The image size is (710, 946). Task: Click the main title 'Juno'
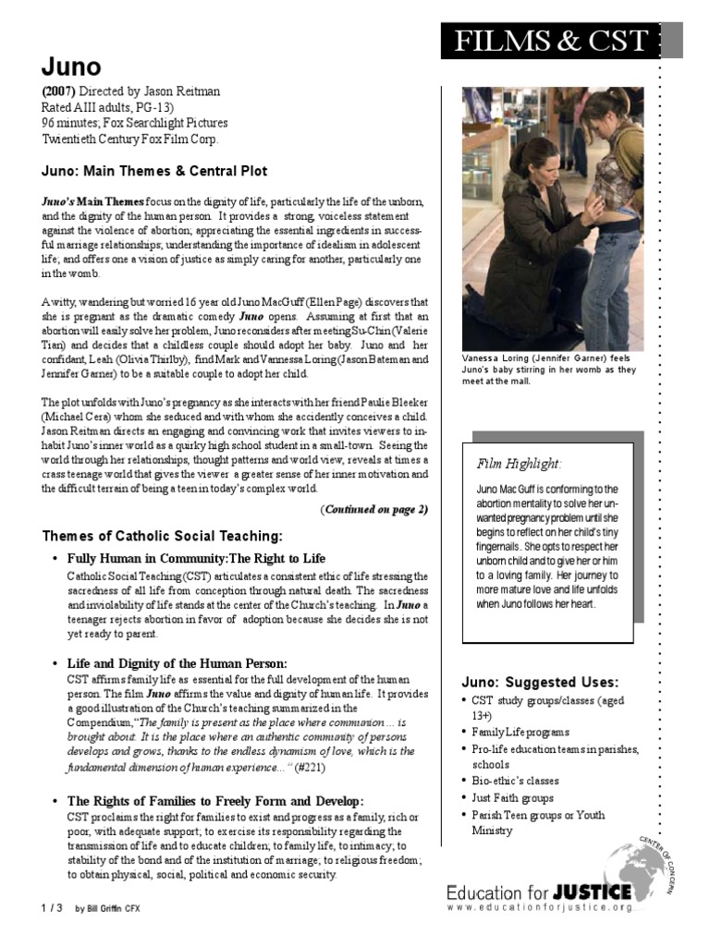[x=71, y=67]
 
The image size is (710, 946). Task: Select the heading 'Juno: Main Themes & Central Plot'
[x=154, y=171]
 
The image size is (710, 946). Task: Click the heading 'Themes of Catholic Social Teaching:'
[x=163, y=537]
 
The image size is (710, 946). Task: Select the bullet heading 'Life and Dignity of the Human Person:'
[x=177, y=663]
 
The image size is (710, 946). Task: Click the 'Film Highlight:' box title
[x=519, y=463]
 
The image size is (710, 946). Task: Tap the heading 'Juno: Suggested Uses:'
[x=540, y=682]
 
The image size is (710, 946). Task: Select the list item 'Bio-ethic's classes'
[x=517, y=781]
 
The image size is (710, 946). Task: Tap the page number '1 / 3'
[x=52, y=908]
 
